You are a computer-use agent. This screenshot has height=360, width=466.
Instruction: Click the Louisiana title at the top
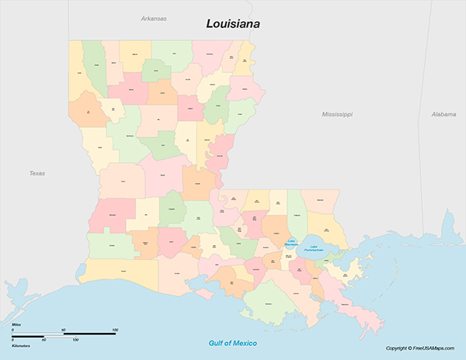coord(233,24)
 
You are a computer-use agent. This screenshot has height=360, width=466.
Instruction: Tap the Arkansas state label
coord(154,18)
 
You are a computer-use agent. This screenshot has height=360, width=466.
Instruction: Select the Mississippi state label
coord(337,114)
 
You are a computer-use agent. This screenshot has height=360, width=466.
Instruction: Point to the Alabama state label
coord(443,114)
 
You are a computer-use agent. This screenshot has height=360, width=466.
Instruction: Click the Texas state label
coord(37,173)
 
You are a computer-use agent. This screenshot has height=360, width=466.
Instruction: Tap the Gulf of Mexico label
coord(233,343)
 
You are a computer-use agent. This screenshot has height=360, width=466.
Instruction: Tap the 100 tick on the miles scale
coord(115,331)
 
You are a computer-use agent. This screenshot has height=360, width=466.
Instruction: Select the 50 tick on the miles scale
coord(64,331)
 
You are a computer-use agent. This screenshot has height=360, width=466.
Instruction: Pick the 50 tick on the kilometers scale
coord(44,340)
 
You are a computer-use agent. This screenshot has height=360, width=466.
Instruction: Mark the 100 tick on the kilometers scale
coord(76,340)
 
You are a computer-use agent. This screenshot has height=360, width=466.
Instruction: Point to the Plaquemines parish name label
coord(343,305)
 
